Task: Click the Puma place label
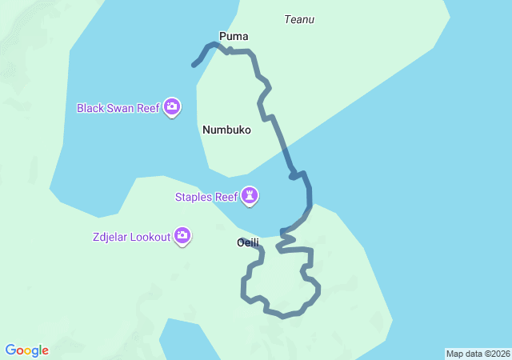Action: click(234, 36)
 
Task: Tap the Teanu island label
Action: click(299, 19)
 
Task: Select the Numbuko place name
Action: click(226, 130)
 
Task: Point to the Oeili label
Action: click(248, 242)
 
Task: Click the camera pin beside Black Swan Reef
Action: click(172, 107)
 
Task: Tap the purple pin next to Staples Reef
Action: click(251, 197)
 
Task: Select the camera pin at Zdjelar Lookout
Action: click(182, 236)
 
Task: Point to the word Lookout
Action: click(152, 237)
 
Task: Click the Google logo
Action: click(27, 350)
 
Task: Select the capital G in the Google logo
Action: click(10, 350)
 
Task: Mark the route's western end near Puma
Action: click(194, 65)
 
